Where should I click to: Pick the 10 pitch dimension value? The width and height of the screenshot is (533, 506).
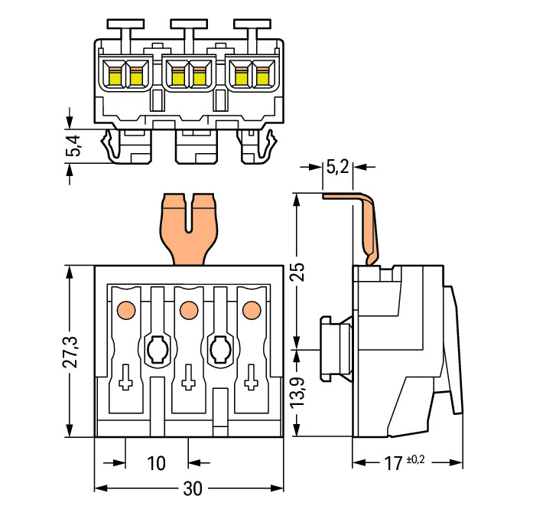[x=155, y=463]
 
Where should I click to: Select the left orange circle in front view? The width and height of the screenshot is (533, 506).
[x=125, y=310]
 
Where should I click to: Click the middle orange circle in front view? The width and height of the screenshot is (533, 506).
[x=187, y=310]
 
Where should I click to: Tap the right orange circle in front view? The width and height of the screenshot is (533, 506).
[x=249, y=310]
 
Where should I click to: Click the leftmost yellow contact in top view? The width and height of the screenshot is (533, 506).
[x=115, y=76]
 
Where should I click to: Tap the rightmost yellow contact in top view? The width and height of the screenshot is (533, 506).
[x=263, y=76]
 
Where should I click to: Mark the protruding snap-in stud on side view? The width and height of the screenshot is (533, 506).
[x=334, y=349]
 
